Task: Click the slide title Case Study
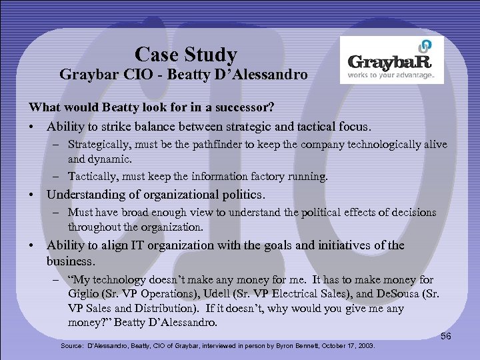[x=185, y=53]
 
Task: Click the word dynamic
[x=109, y=160]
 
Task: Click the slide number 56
[x=446, y=337]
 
